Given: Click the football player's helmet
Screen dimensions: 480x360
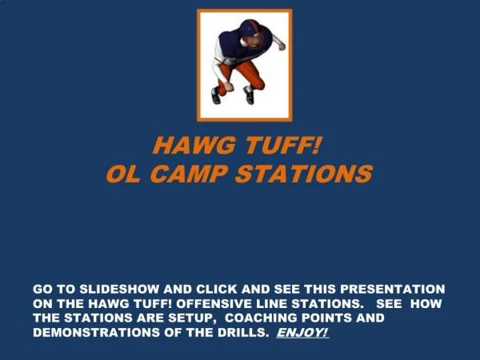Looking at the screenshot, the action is [252, 33].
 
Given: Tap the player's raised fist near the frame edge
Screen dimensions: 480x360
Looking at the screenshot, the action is [282, 46].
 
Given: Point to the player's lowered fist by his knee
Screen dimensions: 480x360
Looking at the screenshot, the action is [228, 86].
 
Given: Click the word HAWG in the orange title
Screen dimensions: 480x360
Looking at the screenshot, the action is [194, 145].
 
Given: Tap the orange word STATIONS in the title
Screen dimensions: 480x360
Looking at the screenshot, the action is [304, 174].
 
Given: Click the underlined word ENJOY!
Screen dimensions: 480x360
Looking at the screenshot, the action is [302, 333].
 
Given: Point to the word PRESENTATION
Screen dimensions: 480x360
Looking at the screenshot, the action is [393, 290].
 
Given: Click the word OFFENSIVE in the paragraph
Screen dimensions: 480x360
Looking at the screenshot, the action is [214, 304].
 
